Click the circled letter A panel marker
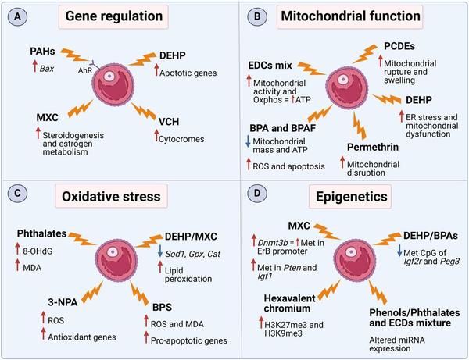[18, 16]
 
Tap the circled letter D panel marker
[257, 194]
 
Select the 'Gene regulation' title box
[113, 16]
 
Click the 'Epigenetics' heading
[352, 197]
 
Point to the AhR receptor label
[85, 70]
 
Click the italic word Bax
[47, 69]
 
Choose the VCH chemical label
[169, 122]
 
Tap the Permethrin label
[373, 147]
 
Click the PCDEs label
[399, 46]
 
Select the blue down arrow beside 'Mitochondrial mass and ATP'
[248, 141]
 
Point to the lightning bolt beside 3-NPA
[91, 293]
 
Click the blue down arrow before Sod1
[160, 251]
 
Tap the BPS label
[162, 307]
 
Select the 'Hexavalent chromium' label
[285, 303]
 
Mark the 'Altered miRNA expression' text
[397, 344]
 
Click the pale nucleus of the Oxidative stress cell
[113, 252]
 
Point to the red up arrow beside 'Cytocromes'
[156, 135]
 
